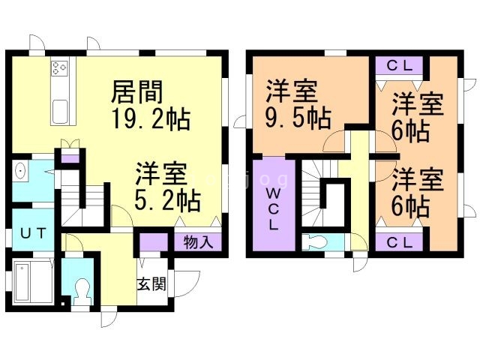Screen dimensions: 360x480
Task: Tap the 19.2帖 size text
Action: pos(150,119)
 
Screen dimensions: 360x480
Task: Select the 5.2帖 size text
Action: pos(167,200)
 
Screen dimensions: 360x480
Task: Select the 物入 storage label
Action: pos(198,242)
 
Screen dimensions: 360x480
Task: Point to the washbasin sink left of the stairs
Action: pos(21,172)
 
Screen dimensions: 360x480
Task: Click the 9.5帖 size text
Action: pos(298,119)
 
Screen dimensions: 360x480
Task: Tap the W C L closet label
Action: pos(273,207)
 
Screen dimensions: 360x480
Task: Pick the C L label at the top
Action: pos(399,65)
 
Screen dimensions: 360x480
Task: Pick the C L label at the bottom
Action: pos(399,242)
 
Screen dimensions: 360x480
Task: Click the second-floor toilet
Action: pos(316,243)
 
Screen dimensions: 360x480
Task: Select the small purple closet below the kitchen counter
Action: pos(69,157)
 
